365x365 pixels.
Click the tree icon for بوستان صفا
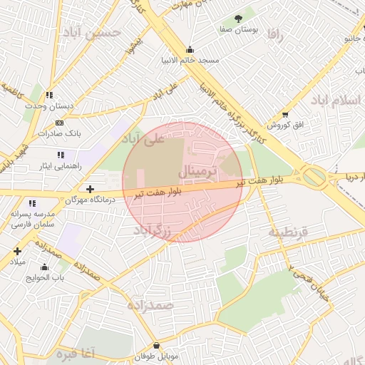(x=238, y=19)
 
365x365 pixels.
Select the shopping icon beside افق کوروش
(x=286, y=115)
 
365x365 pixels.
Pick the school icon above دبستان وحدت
(x=49, y=95)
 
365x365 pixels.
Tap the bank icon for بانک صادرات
(x=59, y=123)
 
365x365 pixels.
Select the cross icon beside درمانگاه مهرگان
(x=90, y=189)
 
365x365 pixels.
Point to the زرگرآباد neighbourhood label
(x=153, y=231)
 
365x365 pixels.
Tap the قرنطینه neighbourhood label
(x=287, y=232)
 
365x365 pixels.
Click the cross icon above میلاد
(x=17, y=251)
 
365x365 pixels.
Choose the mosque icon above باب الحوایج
(x=44, y=267)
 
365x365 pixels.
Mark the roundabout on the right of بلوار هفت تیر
(x=314, y=176)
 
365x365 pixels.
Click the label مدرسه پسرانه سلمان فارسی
(x=31, y=219)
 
